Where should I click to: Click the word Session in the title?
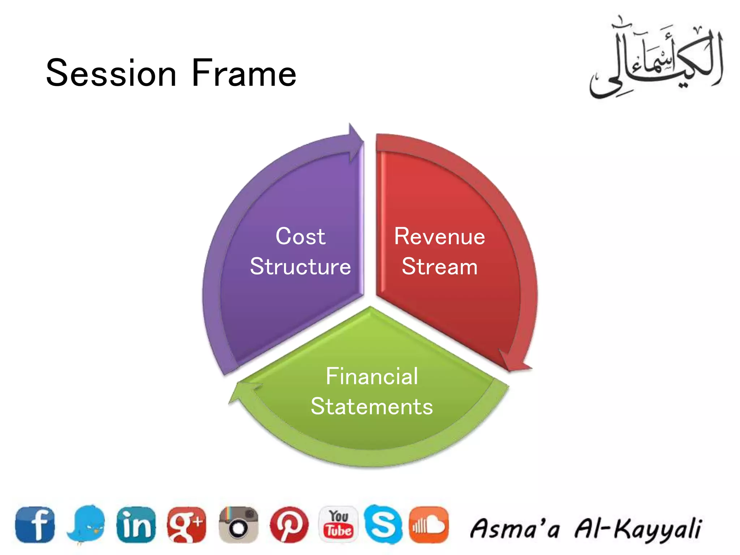click(111, 74)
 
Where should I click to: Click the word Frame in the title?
click(244, 74)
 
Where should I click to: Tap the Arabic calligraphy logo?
click(656, 58)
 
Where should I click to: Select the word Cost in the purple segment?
click(300, 237)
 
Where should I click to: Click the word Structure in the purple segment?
click(300, 267)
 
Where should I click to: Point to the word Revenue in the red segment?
click(439, 237)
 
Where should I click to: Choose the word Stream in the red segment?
click(439, 267)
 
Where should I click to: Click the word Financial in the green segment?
click(372, 376)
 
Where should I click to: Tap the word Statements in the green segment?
click(372, 406)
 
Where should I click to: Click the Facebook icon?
click(35, 525)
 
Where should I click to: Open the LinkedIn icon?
click(136, 525)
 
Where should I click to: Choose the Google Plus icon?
click(186, 525)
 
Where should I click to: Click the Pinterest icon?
click(289, 525)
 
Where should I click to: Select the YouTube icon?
click(338, 524)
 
